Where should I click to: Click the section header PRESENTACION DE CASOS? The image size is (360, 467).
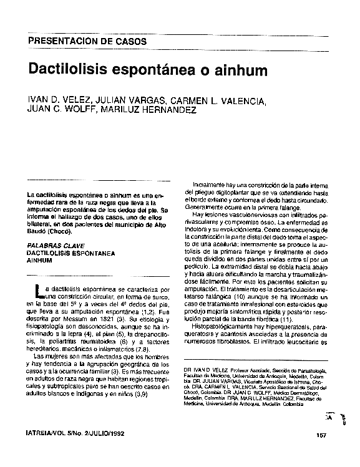(87, 42)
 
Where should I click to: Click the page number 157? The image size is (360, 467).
(322, 435)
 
